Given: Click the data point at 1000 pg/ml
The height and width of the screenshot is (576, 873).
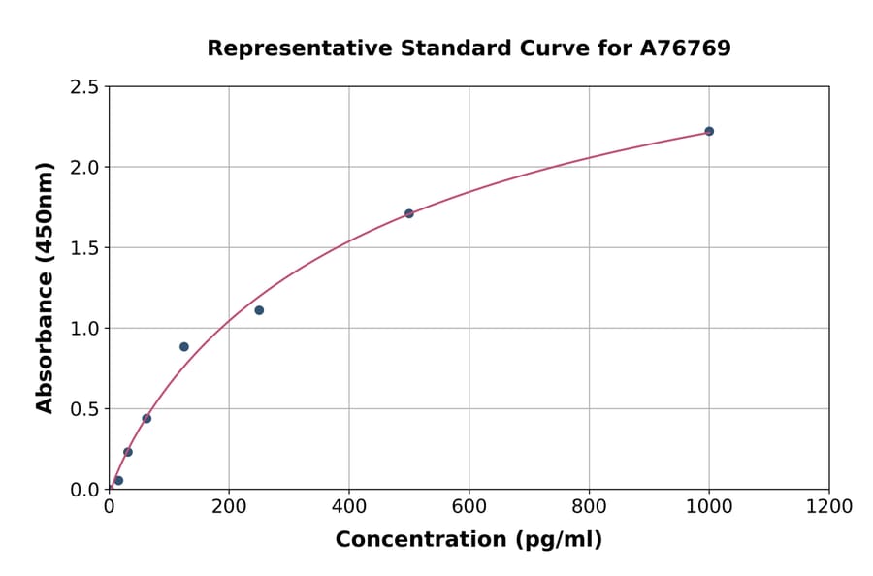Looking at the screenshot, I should [x=709, y=131].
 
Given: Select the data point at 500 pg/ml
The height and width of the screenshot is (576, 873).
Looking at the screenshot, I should [x=409, y=213].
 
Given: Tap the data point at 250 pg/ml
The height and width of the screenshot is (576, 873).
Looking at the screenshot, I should [x=259, y=310].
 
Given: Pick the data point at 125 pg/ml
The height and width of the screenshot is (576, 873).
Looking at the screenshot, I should [x=184, y=346].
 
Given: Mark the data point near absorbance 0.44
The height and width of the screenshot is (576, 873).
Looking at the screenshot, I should [x=146, y=419].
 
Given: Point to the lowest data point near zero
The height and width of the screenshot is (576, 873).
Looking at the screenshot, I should [x=118, y=480].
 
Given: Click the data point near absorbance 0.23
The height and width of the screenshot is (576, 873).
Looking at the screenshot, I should [x=128, y=452].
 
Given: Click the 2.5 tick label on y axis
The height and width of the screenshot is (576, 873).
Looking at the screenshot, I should [x=83, y=87].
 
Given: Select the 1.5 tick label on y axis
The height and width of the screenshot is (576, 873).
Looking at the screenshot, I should [x=83, y=248].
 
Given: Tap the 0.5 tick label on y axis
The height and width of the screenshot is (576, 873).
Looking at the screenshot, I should [x=83, y=409].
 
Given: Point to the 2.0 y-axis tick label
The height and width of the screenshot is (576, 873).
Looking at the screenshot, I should [x=83, y=168].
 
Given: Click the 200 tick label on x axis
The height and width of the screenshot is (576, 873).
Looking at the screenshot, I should [x=229, y=506].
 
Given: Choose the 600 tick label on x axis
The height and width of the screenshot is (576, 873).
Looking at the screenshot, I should [x=469, y=506].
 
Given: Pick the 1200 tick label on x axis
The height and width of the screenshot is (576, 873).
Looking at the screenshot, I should [x=828, y=506].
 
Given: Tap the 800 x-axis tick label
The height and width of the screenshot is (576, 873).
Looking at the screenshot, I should [x=589, y=506].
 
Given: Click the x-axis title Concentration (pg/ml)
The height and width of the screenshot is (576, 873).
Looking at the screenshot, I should [x=469, y=540].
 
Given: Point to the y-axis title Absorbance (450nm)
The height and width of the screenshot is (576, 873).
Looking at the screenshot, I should [x=45, y=287].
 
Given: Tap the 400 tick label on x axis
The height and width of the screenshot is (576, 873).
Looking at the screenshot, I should [x=349, y=506].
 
